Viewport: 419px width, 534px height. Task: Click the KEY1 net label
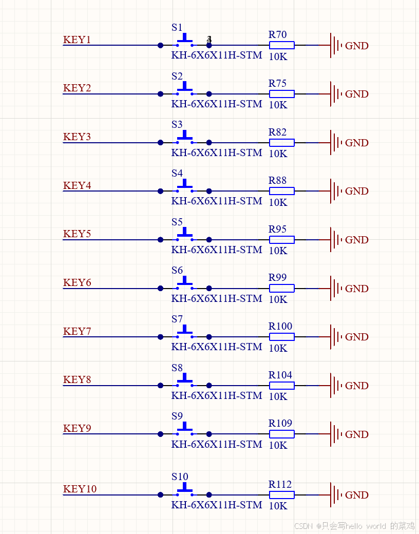pyautogui.click(x=77, y=40)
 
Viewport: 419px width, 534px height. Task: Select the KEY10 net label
pyautogui.click(x=80, y=489)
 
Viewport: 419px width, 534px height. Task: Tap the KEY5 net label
pyautogui.click(x=77, y=234)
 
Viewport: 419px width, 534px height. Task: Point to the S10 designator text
pyautogui.click(x=180, y=476)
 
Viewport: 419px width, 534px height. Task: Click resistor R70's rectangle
pyautogui.click(x=282, y=45)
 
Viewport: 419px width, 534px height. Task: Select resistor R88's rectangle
pyautogui.click(x=282, y=191)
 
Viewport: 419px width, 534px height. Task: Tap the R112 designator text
pyautogui.click(x=280, y=484)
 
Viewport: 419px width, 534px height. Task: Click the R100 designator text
pyautogui.click(x=280, y=326)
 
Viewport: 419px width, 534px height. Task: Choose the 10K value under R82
pyautogui.click(x=278, y=154)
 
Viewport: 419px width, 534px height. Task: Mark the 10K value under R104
pyautogui.click(x=278, y=396)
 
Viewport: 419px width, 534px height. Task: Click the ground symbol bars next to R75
pyautogui.click(x=335, y=94)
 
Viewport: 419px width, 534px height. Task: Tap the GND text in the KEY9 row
pyautogui.click(x=357, y=434)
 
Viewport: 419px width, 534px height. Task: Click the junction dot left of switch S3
pyautogui.click(x=160, y=143)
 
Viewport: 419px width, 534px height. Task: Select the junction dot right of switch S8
pyautogui.click(x=209, y=386)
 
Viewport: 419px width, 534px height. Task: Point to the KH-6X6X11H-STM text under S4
pyautogui.click(x=217, y=201)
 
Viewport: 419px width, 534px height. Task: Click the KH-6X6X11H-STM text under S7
pyautogui.click(x=217, y=347)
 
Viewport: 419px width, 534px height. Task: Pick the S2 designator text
pyautogui.click(x=177, y=76)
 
